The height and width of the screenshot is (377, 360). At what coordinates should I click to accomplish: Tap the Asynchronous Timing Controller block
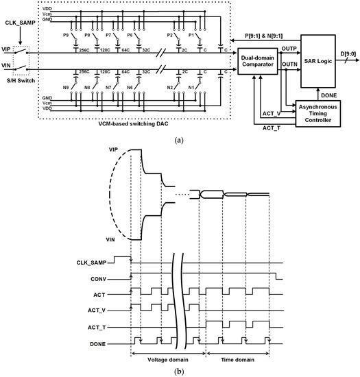coord(317,111)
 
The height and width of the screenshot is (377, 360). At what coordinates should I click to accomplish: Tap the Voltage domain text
coord(168,359)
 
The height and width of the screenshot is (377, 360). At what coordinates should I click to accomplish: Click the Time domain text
coord(237,359)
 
